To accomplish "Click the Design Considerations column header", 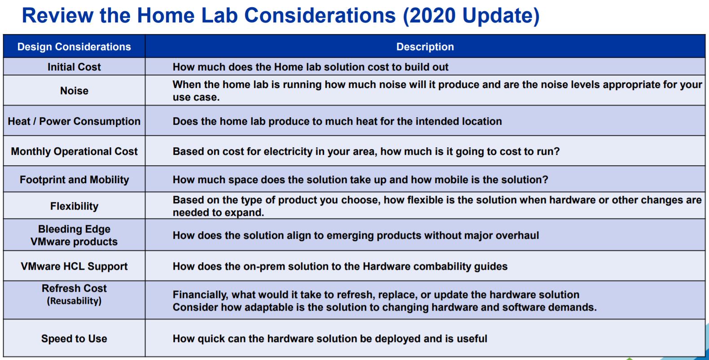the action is [x=74, y=47].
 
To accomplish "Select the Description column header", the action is [x=425, y=47].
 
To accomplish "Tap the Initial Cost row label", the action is [x=74, y=67].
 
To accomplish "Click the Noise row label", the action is [x=74, y=91].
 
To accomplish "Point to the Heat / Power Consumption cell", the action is [x=74, y=121].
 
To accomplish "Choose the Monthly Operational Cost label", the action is [x=74, y=151].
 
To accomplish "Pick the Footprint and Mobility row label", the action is [x=74, y=180].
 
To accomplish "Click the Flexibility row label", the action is [x=74, y=206].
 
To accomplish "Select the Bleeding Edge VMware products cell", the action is [x=74, y=235].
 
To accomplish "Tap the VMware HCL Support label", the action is [x=74, y=266].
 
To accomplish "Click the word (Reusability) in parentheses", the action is [x=74, y=301].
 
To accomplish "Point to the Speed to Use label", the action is [x=74, y=338].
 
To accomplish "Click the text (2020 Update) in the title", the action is [x=471, y=16].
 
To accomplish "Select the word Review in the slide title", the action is [x=57, y=15].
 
